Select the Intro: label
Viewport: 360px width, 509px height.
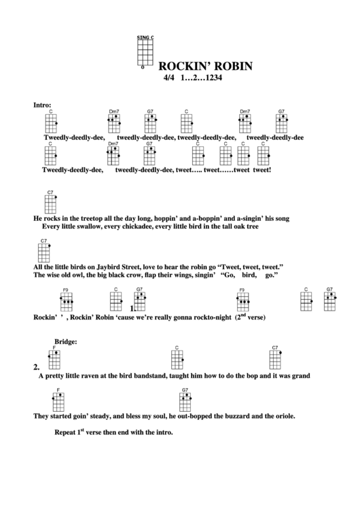point(42,105)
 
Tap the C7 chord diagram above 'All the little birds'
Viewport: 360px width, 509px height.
point(44,252)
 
